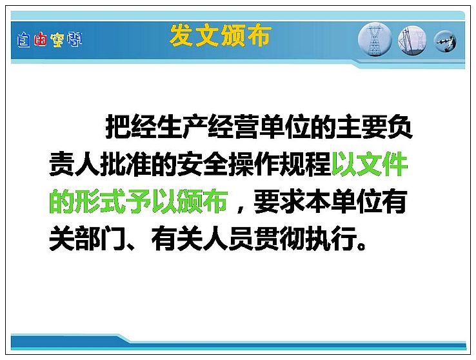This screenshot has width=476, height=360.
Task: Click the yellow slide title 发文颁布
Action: (x=220, y=35)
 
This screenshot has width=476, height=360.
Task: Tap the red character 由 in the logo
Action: (x=41, y=40)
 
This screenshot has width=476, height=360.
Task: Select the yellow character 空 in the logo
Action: (x=57, y=40)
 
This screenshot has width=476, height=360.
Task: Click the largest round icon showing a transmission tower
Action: (x=375, y=39)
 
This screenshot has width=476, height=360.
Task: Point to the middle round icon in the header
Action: (x=412, y=41)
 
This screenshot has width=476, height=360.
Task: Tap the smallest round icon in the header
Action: (x=445, y=41)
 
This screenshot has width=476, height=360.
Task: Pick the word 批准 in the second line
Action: (x=125, y=165)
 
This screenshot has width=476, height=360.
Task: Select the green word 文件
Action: (x=382, y=165)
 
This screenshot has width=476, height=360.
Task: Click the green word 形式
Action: (x=100, y=201)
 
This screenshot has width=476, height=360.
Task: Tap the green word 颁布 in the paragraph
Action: (x=203, y=201)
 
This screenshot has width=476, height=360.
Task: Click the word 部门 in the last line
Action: (x=100, y=239)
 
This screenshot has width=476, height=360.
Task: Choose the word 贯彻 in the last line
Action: (x=279, y=239)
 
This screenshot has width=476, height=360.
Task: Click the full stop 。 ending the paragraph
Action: (x=362, y=245)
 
